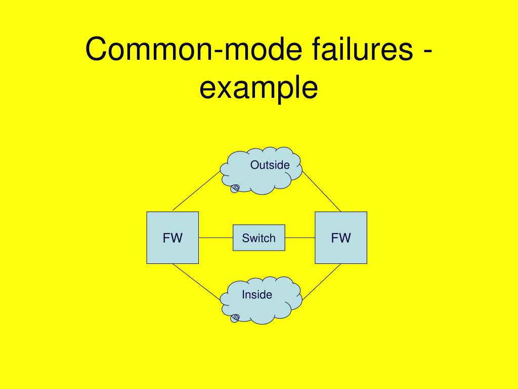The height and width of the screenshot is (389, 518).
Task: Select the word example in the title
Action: (258, 88)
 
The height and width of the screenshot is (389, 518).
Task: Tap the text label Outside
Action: (270, 165)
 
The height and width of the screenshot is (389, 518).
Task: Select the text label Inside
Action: (257, 295)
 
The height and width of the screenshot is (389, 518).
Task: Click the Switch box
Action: (258, 238)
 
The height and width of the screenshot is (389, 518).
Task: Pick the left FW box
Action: (172, 238)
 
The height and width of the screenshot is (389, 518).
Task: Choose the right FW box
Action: (341, 238)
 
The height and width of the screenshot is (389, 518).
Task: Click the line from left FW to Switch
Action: (215, 238)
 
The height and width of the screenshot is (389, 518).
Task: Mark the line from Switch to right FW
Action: (300, 238)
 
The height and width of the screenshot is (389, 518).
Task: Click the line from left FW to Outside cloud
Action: (197, 190)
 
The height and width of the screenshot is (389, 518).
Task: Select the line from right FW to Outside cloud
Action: (322, 191)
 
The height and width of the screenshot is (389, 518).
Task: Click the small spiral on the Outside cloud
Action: (235, 188)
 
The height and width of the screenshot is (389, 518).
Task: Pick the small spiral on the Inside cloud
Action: (235, 318)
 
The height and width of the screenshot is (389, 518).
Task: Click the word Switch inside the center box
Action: (258, 238)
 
